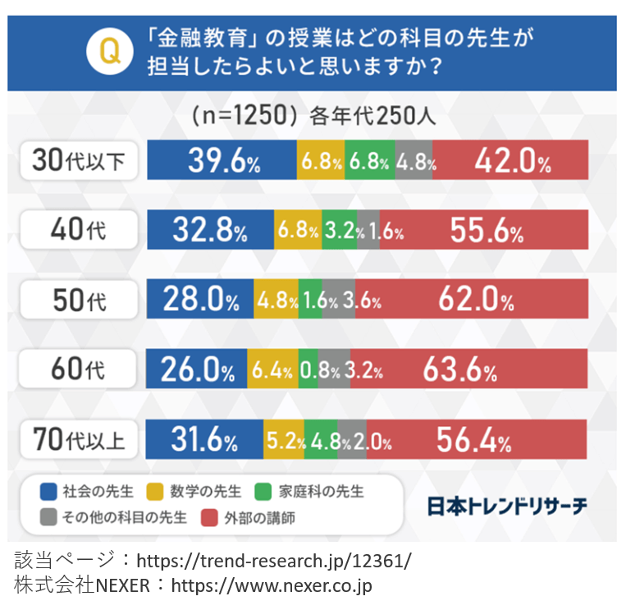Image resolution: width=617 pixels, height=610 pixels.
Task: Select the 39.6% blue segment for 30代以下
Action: (x=222, y=160)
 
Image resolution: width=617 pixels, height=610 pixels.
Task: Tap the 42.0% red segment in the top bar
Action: (x=510, y=160)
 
